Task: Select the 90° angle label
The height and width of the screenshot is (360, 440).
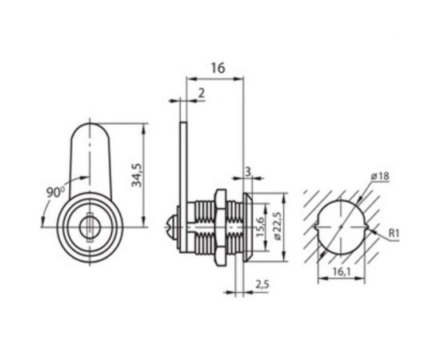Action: (x=54, y=192)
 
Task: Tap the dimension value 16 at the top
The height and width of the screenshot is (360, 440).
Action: (x=217, y=70)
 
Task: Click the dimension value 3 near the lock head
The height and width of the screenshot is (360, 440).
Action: (x=248, y=171)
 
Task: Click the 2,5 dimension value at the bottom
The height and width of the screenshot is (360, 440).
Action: (x=262, y=284)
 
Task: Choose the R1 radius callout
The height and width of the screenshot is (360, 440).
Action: (x=393, y=233)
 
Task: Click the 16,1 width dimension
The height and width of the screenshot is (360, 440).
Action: (x=341, y=273)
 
